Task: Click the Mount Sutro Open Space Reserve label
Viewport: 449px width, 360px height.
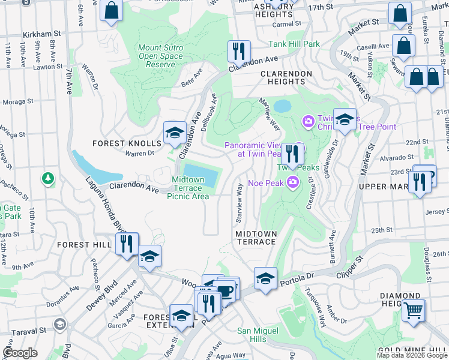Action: (x=161, y=56)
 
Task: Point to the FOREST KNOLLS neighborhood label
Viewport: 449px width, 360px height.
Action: (x=127, y=143)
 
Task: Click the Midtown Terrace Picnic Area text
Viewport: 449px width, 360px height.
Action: (x=188, y=188)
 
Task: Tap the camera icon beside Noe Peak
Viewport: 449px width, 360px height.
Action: (x=294, y=182)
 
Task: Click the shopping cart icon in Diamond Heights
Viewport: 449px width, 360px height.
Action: (x=413, y=311)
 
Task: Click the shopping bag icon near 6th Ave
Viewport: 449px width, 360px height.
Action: (x=111, y=10)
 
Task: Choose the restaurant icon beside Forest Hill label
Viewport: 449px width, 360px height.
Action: (x=126, y=244)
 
